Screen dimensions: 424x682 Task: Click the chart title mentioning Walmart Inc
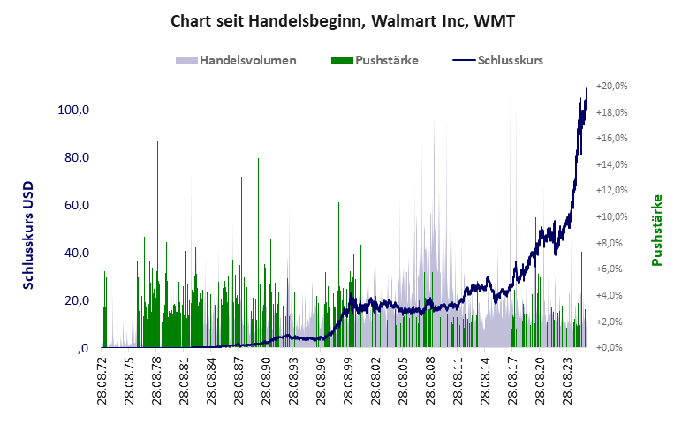coord(341,20)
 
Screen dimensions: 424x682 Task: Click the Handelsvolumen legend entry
coord(236,61)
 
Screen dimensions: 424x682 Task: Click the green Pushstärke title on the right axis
coord(656,230)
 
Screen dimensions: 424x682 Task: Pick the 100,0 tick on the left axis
coord(73,110)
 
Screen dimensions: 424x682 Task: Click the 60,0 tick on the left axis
coord(73,205)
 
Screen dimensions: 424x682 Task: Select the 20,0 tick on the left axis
coord(73,300)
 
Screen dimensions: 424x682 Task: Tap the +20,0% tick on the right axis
coord(611,87)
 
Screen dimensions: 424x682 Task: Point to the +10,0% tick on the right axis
coord(611,217)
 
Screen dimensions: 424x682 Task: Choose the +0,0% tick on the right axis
coord(611,347)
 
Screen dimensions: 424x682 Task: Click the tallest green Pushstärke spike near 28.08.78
coord(157,142)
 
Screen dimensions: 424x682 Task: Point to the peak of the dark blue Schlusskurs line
coord(587,89)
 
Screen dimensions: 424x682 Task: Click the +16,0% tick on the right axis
coord(611,139)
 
